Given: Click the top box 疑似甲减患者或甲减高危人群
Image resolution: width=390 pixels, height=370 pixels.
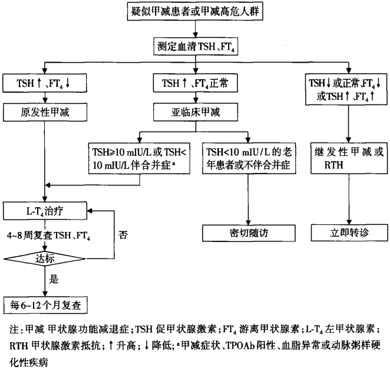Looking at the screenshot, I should pyautogui.click(x=195, y=12).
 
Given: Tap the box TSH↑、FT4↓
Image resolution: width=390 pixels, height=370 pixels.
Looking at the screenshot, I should pyautogui.click(x=45, y=84).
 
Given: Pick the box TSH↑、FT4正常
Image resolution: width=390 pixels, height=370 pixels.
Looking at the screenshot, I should pyautogui.click(x=195, y=84).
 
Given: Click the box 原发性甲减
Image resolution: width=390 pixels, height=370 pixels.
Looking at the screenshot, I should pyautogui.click(x=45, y=110).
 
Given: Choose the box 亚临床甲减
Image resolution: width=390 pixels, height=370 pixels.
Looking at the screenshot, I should pyautogui.click(x=195, y=110).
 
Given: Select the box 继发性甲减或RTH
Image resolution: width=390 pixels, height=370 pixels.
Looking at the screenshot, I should pyautogui.click(x=348, y=158).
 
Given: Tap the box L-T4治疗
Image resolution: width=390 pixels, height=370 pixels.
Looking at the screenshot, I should pyautogui.click(x=45, y=209).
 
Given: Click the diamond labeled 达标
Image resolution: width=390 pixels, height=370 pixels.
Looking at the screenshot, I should pyautogui.click(x=45, y=257).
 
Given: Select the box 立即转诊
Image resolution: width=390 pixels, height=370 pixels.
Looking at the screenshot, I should pyautogui.click(x=348, y=232).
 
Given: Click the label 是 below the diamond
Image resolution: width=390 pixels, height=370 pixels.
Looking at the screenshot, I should pyautogui.click(x=54, y=280).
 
